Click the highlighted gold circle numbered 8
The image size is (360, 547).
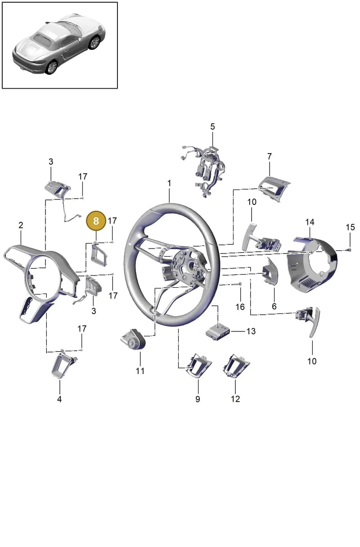pyautogui.click(x=96, y=221)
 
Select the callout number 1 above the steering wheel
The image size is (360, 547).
pyautogui.click(x=169, y=183)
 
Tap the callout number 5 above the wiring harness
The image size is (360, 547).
pyautogui.click(x=212, y=127)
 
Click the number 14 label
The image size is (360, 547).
pyautogui.click(x=310, y=222)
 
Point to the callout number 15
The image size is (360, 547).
pyautogui.click(x=350, y=227)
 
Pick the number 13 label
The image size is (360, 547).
pyautogui.click(x=251, y=331)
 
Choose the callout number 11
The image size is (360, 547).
pyautogui.click(x=140, y=371)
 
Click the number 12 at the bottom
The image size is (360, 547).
pyautogui.click(x=235, y=399)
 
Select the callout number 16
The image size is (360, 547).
pyautogui.click(x=240, y=307)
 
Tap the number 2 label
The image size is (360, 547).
pyautogui.click(x=21, y=225)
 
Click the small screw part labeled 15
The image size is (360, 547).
pyautogui.click(x=349, y=250)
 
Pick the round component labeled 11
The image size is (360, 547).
pyautogui.click(x=134, y=339)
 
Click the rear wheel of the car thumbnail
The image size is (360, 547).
pyautogui.click(x=51, y=67)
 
